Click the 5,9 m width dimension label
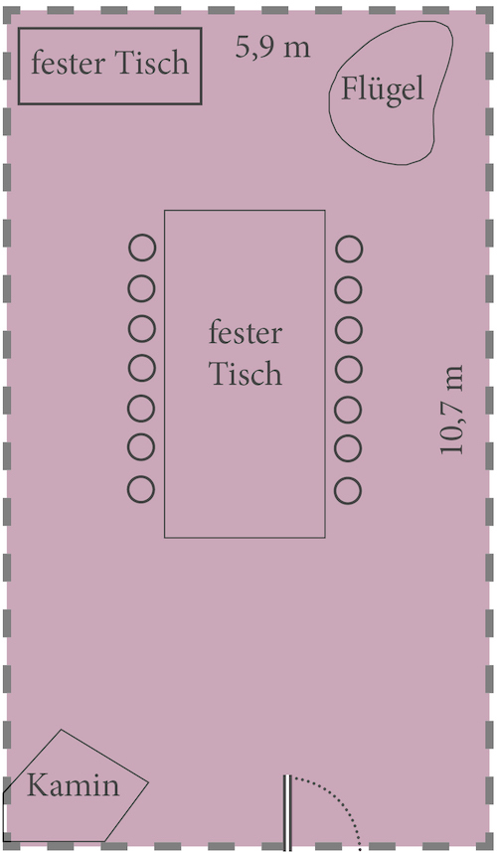click(273, 47)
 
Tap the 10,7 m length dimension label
click(452, 410)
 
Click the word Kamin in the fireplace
click(73, 785)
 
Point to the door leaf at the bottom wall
click(287, 813)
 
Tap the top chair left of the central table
click(142, 249)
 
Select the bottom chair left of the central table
click(141, 488)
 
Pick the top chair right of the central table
click(349, 250)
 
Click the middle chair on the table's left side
click(142, 368)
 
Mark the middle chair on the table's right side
click(349, 370)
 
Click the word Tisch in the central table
click(246, 373)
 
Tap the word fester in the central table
click(246, 333)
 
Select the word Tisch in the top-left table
click(152, 63)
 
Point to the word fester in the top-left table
click(69, 63)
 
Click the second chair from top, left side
click(142, 288)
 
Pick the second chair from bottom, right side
click(348, 449)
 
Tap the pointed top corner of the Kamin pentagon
click(61, 730)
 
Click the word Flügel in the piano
click(382, 89)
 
